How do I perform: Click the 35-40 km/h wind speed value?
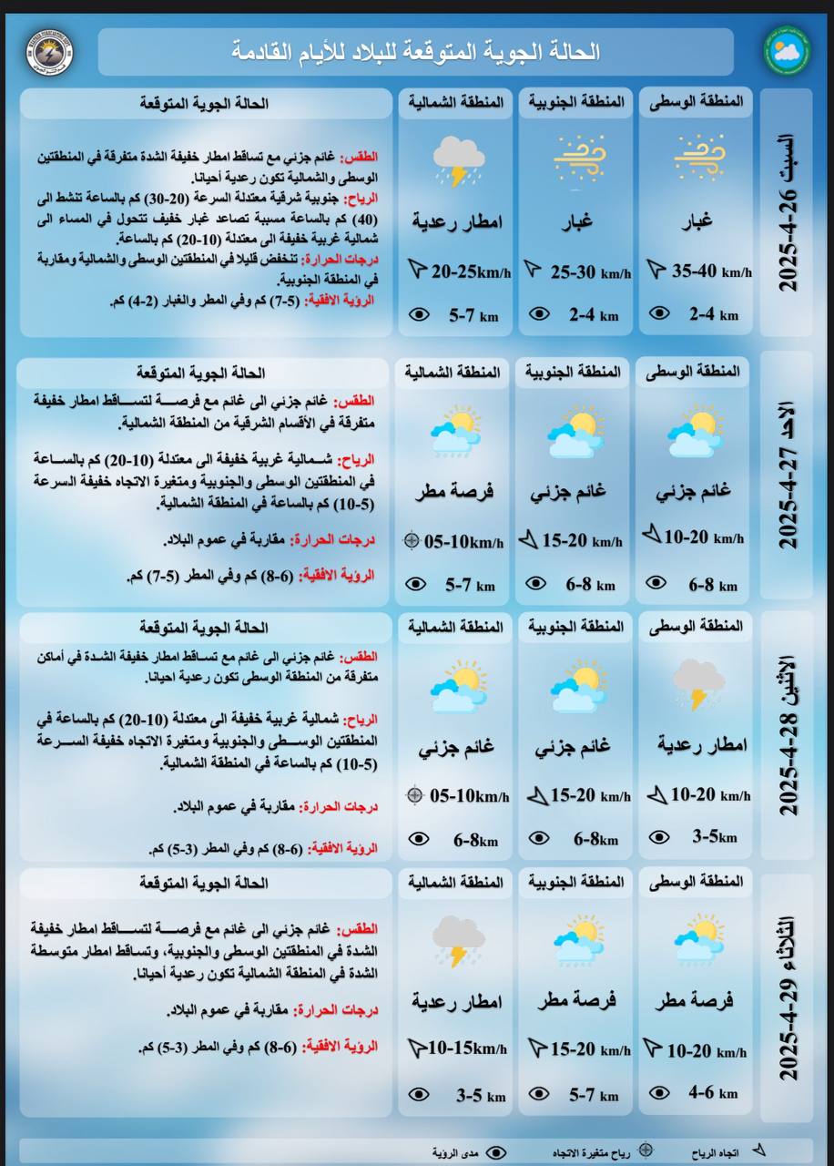pos(711,271)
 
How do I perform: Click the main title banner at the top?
pos(415,52)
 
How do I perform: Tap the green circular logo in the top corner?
pos(786,52)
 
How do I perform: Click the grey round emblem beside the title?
pos(50,52)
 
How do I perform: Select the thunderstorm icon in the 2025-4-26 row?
pos(458,160)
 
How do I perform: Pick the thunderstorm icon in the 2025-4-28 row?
pos(697,683)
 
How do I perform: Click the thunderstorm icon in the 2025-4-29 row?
pos(457,940)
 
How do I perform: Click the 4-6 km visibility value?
pos(713,1093)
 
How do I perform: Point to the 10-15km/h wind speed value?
pos(467,1048)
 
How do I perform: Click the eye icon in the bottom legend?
pos(495,1152)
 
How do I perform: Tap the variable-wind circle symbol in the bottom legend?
pos(646,1151)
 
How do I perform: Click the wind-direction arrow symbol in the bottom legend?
pos(758,1151)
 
